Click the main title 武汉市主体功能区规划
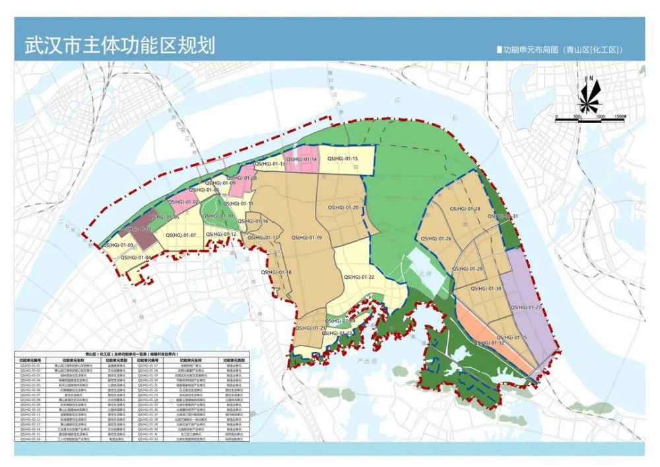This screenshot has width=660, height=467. (119, 46)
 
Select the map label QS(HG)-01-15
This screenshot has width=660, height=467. (342, 159)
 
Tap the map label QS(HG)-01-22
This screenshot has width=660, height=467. (359, 277)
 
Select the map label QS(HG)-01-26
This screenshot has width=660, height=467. (436, 238)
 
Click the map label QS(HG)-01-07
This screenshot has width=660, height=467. (181, 235)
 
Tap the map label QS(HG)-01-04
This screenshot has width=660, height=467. (135, 258)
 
